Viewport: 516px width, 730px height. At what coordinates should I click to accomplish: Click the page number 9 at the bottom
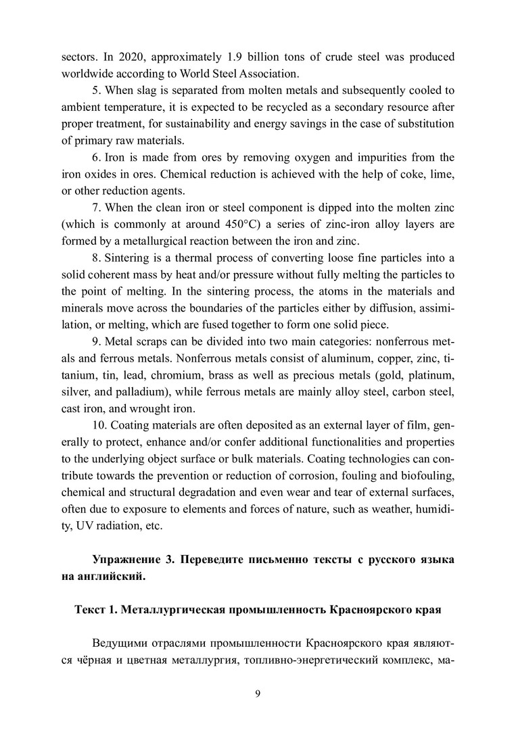(x=258, y=693)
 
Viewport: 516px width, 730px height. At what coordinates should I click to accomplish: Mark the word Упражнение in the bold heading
(x=127, y=560)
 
